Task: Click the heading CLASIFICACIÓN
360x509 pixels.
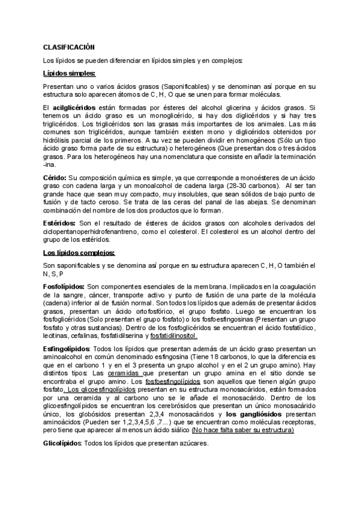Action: (x=69, y=47)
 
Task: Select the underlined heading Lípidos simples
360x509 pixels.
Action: (x=69, y=73)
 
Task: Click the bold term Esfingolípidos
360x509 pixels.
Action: (x=67, y=348)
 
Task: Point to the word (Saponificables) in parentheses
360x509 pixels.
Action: (x=179, y=86)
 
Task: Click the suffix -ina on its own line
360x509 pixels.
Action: (x=50, y=164)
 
